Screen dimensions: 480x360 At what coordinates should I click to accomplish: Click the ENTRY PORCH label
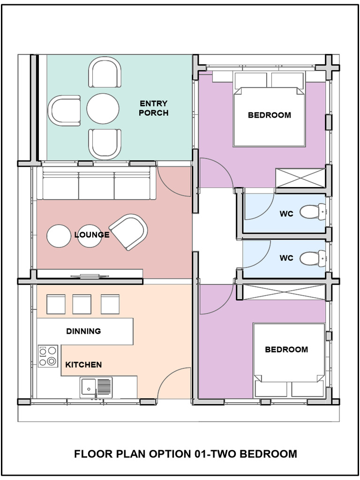(x=153, y=108)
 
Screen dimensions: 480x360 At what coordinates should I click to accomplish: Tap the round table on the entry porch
(x=103, y=109)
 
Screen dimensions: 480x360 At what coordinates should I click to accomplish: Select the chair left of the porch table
(x=65, y=111)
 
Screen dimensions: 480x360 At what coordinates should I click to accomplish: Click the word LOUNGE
(x=92, y=235)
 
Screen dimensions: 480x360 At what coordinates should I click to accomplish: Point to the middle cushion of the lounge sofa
(x=96, y=186)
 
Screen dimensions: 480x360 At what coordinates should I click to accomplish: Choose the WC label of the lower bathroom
(x=286, y=258)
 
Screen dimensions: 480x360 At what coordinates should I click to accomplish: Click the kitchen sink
(x=96, y=387)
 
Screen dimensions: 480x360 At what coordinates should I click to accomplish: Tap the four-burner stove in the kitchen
(x=48, y=356)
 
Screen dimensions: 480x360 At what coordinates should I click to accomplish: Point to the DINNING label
(x=83, y=331)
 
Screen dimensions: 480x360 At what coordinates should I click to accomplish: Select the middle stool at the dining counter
(x=82, y=304)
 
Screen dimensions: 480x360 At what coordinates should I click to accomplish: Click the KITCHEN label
(x=83, y=365)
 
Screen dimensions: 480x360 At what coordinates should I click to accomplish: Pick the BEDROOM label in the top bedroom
(x=270, y=115)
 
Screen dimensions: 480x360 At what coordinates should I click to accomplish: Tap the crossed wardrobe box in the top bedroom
(x=300, y=177)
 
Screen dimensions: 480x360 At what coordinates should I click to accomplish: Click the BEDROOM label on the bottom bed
(x=286, y=349)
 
